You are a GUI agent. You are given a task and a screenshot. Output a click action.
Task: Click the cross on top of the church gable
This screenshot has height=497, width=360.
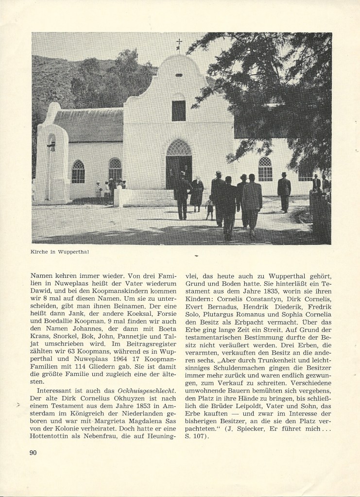(179, 43)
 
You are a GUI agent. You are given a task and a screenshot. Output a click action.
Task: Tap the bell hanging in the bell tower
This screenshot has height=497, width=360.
(51, 145)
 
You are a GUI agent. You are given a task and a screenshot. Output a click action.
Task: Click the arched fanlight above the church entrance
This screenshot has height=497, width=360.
(179, 148)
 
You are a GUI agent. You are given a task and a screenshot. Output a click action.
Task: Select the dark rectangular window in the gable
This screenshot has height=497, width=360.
(178, 111)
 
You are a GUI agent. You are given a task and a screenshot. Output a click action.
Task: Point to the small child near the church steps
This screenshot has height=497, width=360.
(209, 206)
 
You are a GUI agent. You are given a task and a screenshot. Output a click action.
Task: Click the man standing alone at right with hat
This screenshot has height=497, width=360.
(284, 191)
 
